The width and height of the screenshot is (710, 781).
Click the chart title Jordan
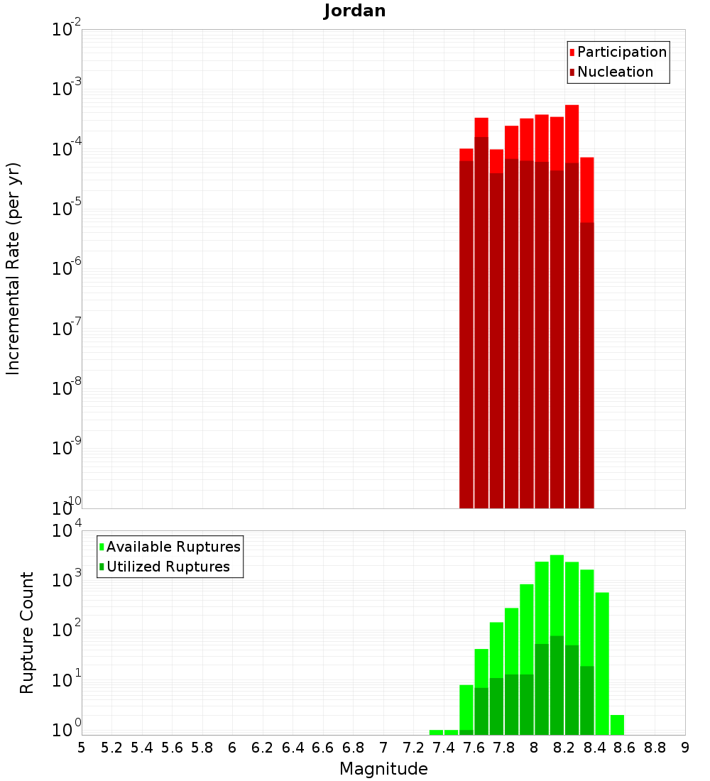(354, 11)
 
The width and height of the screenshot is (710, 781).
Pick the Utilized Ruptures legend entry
(168, 567)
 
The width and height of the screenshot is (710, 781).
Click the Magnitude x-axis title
(383, 769)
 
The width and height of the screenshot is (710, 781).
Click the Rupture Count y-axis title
(27, 632)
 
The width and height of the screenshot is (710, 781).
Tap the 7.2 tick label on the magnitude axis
(413, 748)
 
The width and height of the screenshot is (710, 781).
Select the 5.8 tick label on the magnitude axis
(202, 748)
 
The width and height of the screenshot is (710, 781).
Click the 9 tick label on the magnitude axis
(684, 748)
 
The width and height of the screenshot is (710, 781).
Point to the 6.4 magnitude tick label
(293, 748)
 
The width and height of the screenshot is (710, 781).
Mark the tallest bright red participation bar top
(572, 106)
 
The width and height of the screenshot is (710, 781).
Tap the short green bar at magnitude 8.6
(617, 724)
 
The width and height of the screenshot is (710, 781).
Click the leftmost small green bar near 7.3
(436, 732)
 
